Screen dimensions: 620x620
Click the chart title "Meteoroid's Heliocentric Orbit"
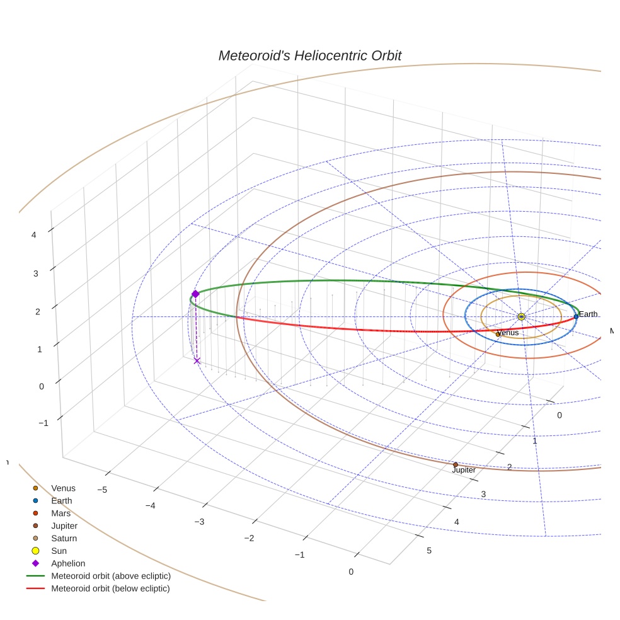click(x=309, y=55)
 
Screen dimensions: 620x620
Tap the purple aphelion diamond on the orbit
click(x=195, y=294)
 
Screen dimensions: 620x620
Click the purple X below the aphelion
click(x=197, y=360)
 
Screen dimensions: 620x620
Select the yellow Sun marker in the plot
click(x=521, y=316)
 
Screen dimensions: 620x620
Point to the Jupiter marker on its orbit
click(x=456, y=465)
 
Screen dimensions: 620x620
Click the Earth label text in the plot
click(x=588, y=314)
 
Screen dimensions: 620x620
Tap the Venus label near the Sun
click(x=508, y=333)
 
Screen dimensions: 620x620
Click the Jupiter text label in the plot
click(x=464, y=470)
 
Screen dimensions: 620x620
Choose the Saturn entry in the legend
click(x=64, y=538)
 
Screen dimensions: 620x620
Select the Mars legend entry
click(x=60, y=513)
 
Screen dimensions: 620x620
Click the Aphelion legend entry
click(x=67, y=563)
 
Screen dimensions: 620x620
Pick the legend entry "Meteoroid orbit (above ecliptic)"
click(x=110, y=576)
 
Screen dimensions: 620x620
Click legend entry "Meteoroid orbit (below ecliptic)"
click(x=110, y=588)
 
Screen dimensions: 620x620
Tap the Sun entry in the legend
click(x=59, y=551)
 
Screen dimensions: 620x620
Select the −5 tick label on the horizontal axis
click(x=101, y=490)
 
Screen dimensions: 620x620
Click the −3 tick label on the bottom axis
click(x=200, y=522)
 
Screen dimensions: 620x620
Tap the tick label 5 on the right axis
click(x=430, y=551)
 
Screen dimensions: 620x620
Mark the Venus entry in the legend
click(x=63, y=488)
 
